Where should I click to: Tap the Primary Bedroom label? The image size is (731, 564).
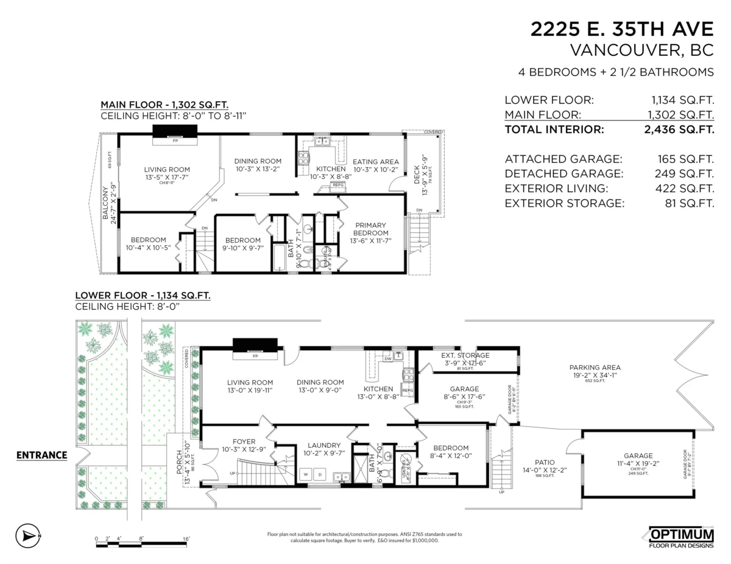371,229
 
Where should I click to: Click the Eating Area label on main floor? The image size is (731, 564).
376,161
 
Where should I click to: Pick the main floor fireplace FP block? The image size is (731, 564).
175,133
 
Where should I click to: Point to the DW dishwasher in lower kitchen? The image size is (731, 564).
388,358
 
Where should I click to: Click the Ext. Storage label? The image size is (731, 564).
465,355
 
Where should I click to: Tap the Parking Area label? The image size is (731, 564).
595,367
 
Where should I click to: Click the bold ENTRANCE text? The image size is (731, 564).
41,454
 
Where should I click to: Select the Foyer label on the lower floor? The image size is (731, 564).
244,442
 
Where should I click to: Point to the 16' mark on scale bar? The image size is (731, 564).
186,538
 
